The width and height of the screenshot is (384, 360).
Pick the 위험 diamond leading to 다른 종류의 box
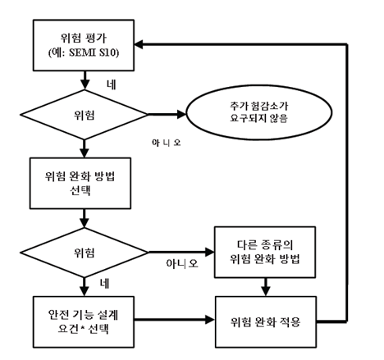[85, 249]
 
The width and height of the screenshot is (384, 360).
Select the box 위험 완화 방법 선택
[85, 184]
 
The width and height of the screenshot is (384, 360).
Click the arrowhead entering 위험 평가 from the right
[144, 43]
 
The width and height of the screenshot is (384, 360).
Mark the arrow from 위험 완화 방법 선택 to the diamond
[85, 218]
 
